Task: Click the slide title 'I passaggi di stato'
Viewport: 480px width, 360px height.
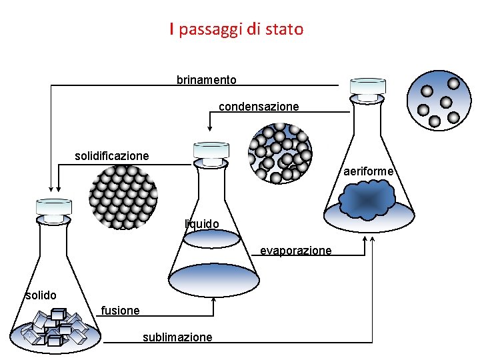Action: point(236,29)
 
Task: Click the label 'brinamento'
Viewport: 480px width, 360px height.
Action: point(206,80)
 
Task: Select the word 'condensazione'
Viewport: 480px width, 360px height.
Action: point(259,107)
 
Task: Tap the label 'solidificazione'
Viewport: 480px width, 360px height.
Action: point(111,156)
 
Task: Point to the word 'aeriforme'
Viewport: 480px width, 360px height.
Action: point(370,172)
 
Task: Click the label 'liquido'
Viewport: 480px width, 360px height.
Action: point(201,223)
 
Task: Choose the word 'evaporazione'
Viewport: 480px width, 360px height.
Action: point(295,251)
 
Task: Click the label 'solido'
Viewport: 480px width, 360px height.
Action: point(41,295)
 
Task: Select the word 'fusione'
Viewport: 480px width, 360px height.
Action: point(120,310)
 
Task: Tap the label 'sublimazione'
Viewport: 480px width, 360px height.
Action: point(177,337)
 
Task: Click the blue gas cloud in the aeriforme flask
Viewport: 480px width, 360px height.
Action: point(365,198)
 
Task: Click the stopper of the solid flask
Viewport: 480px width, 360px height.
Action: point(54,210)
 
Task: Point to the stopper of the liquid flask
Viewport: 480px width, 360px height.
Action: point(211,154)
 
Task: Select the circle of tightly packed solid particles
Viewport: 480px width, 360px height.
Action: point(123,196)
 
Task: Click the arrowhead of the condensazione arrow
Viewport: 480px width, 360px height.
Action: point(210,127)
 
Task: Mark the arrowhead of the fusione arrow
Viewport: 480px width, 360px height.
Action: point(213,300)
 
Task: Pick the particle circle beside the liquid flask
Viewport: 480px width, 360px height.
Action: point(280,153)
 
